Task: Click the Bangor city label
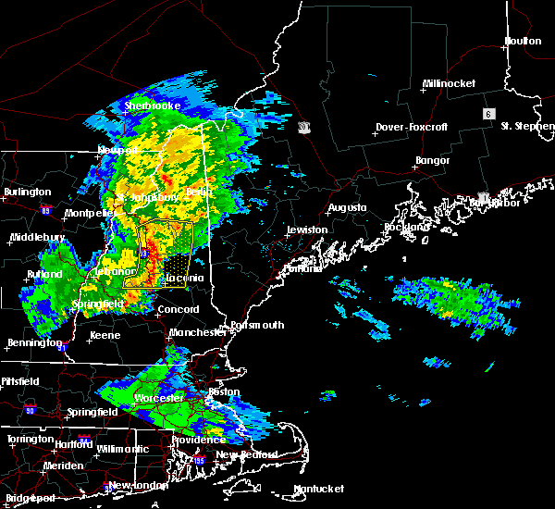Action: [433, 161]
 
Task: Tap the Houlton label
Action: [523, 41]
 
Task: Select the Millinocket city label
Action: [449, 83]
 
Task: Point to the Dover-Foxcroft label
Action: [411, 127]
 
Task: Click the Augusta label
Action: [347, 208]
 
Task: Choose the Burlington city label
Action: [28, 192]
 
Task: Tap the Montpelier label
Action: [88, 214]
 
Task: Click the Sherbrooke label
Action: [153, 106]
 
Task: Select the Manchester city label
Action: [198, 331]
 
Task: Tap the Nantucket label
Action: [318, 489]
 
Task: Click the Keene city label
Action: [105, 335]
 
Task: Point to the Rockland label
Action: [407, 227]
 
